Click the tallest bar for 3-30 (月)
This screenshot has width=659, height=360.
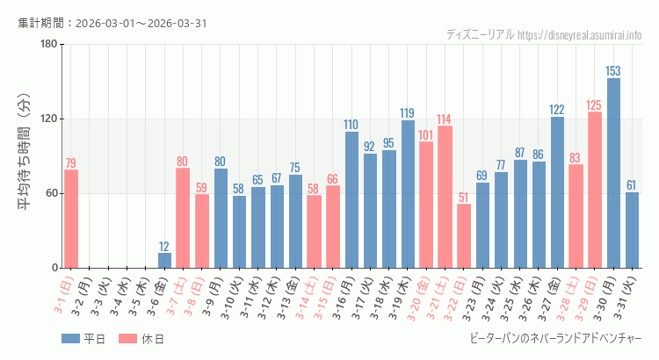coord(613,173)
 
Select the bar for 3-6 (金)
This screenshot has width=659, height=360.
coord(164,260)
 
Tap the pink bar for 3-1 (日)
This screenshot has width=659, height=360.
coord(71,219)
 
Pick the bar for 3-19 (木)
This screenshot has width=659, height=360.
coord(408,194)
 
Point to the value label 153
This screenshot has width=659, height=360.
coord(613,71)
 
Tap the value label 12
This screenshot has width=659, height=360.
coord(164,246)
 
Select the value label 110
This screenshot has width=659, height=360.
coord(351,125)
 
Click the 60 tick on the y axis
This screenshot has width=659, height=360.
coord(51,193)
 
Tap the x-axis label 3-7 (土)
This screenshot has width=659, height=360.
coord(180,296)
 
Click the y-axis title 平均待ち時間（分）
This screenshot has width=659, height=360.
coord(25,156)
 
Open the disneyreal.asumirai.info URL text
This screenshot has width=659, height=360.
coord(580,35)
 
